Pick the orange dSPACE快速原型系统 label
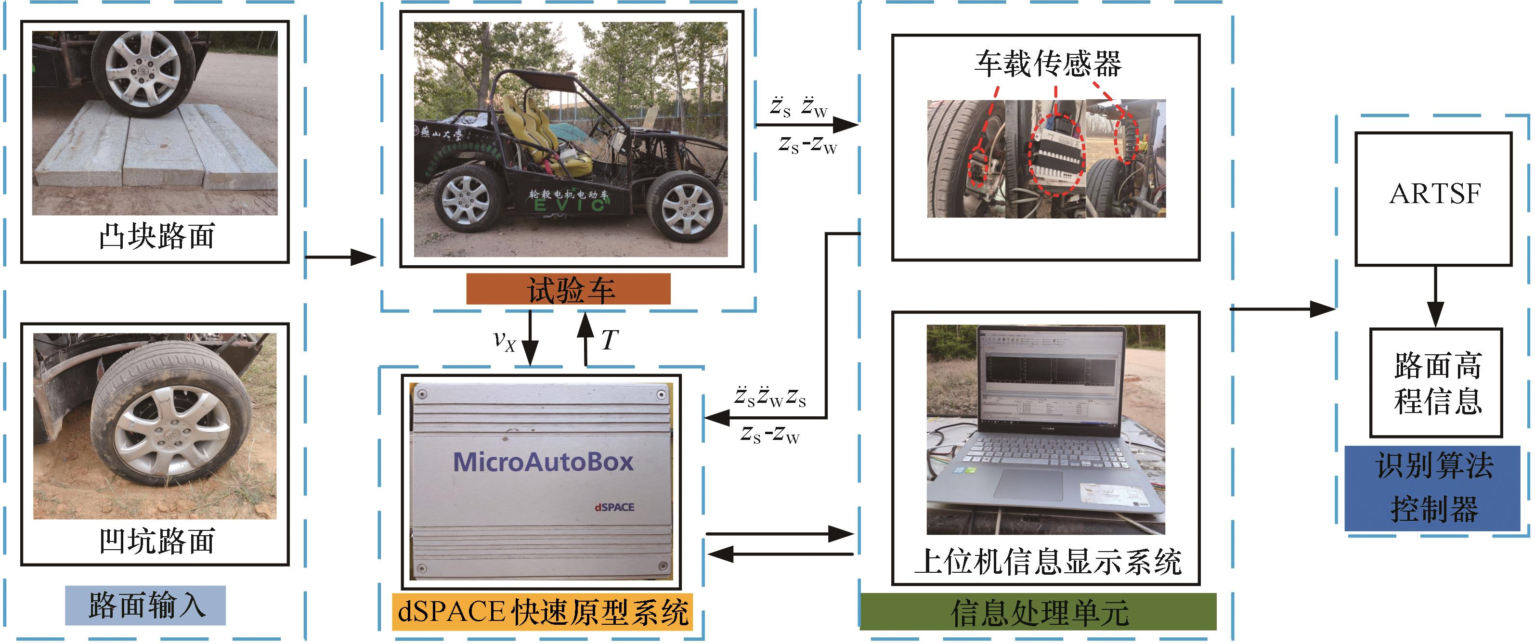pos(542,612)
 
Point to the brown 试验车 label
pos(569,290)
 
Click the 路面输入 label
pos(145,605)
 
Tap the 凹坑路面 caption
pos(156,541)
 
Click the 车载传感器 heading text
pos(1047,64)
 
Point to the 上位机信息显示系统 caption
pos(1047,562)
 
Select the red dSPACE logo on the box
pos(614,507)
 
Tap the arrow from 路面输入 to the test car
pos(341,258)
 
